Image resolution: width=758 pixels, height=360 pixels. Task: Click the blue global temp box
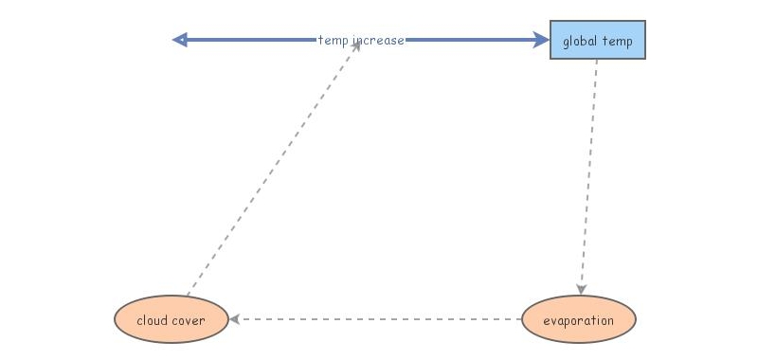point(598,41)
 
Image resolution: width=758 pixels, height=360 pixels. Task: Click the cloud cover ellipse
point(171,319)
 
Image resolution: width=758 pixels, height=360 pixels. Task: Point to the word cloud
point(153,320)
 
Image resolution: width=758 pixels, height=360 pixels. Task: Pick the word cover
point(189,320)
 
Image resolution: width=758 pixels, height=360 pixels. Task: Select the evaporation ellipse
point(578,319)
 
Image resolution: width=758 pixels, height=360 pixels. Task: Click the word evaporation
point(578,320)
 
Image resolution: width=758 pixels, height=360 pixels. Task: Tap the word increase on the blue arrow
point(378,41)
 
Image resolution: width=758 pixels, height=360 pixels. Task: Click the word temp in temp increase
point(333,41)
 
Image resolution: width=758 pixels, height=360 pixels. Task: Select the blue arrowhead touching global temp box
point(541,40)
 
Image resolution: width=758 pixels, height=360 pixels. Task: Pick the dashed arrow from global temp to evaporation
point(589,171)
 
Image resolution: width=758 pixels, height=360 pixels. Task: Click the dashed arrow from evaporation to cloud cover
point(379,319)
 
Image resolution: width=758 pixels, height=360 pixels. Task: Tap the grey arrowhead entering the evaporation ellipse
point(581,289)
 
